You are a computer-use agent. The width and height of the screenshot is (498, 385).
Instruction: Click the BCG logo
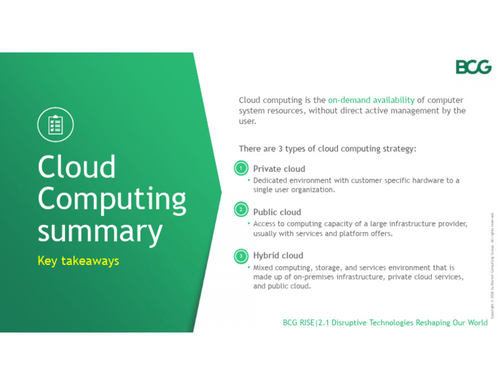click(x=473, y=67)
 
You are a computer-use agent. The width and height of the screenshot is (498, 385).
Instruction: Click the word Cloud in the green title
click(x=77, y=167)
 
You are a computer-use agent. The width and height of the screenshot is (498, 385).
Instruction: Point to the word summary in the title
click(x=100, y=230)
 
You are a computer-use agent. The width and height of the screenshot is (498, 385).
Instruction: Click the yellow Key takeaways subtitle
click(x=78, y=261)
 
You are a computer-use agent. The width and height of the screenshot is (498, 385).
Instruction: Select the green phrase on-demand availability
click(x=371, y=100)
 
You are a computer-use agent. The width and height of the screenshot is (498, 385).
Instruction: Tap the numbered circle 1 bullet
click(x=241, y=169)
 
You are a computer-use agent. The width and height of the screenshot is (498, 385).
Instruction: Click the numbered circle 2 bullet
click(x=241, y=209)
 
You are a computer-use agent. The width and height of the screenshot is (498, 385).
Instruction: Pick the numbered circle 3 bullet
click(x=241, y=256)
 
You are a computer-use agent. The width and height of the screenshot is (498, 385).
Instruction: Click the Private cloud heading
click(x=279, y=169)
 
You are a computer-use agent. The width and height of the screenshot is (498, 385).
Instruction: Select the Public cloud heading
click(x=277, y=212)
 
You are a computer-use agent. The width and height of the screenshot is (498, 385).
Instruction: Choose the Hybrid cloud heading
click(x=278, y=255)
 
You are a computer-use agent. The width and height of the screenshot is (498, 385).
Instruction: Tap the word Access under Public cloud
click(x=265, y=224)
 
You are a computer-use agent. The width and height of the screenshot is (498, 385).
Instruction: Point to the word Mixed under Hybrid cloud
click(x=263, y=267)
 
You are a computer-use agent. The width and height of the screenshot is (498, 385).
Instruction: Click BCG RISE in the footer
click(x=298, y=323)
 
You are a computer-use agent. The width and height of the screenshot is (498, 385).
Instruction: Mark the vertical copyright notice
click(x=492, y=266)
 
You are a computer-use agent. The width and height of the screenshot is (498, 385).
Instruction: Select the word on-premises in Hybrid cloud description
click(x=314, y=277)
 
